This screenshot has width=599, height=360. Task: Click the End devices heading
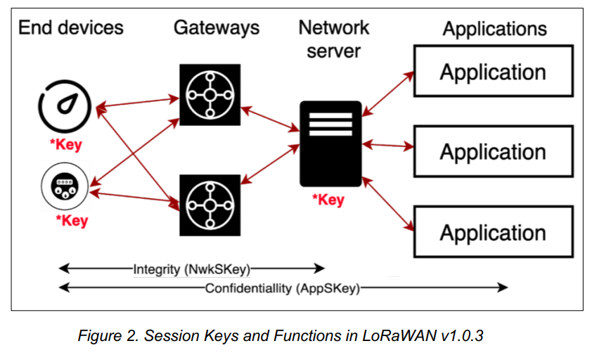70,27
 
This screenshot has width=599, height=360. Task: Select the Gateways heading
217,27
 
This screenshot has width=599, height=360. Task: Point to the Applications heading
494,29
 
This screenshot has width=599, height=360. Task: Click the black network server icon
330,143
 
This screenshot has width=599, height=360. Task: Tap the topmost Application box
493,71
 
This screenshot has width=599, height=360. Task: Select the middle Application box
493,152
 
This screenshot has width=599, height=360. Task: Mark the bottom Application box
493,233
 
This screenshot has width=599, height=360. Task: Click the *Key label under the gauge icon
65,146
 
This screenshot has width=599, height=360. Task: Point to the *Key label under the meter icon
72,221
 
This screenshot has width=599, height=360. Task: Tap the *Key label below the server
328,200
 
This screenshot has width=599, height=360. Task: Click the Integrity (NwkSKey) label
191,268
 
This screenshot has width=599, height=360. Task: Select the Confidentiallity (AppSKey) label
283,288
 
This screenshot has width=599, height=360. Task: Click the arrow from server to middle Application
388,146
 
